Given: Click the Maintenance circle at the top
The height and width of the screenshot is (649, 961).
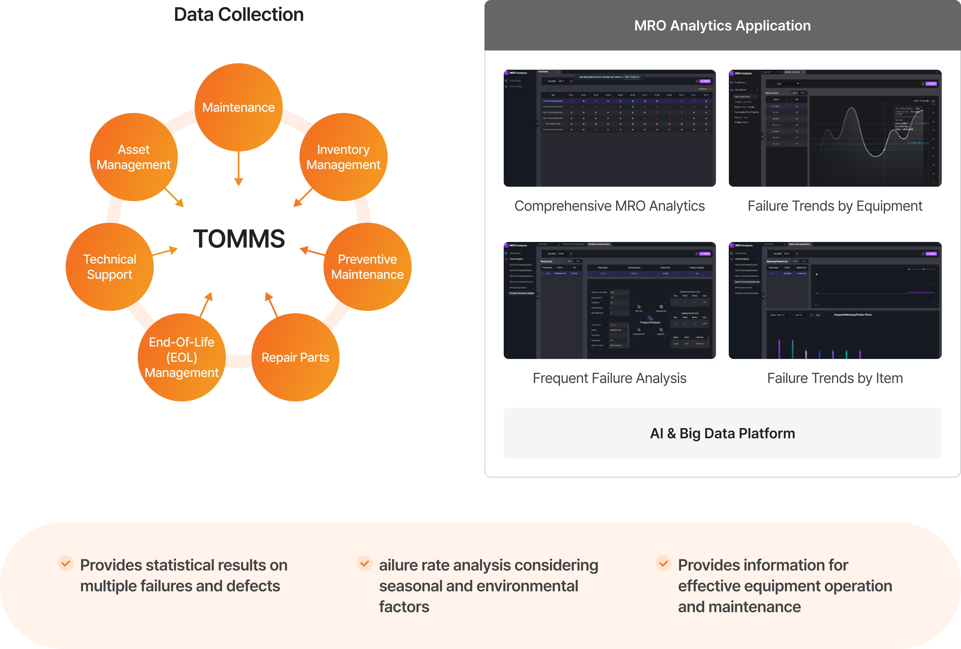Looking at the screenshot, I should pyautogui.click(x=239, y=107).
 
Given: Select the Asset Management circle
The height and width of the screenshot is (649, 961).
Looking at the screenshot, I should pyautogui.click(x=134, y=157).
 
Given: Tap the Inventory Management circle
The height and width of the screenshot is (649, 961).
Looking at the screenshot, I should pyautogui.click(x=343, y=157).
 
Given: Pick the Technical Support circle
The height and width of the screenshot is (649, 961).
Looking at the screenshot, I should pyautogui.click(x=110, y=267).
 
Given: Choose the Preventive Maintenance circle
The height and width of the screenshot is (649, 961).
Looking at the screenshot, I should pyautogui.click(x=367, y=267).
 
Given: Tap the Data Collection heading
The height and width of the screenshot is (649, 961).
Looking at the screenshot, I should pyautogui.click(x=239, y=14).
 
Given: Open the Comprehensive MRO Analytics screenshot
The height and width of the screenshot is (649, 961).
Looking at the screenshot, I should pyautogui.click(x=609, y=128).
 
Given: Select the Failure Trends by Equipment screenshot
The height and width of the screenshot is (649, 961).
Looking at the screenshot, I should pyautogui.click(x=835, y=128).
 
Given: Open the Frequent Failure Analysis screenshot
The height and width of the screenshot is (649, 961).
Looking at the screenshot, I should pyautogui.click(x=609, y=300).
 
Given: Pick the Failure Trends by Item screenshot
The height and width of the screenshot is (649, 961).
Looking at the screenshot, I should pyautogui.click(x=835, y=300).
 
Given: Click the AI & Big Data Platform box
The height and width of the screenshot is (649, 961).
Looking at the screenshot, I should pyautogui.click(x=722, y=433).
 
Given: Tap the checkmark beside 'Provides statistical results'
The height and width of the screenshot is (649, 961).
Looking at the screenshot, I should pyautogui.click(x=65, y=563).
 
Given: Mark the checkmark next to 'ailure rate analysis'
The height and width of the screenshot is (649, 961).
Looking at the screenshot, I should pyautogui.click(x=364, y=563).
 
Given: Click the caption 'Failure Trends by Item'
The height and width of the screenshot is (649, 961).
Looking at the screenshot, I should pyautogui.click(x=835, y=378).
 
